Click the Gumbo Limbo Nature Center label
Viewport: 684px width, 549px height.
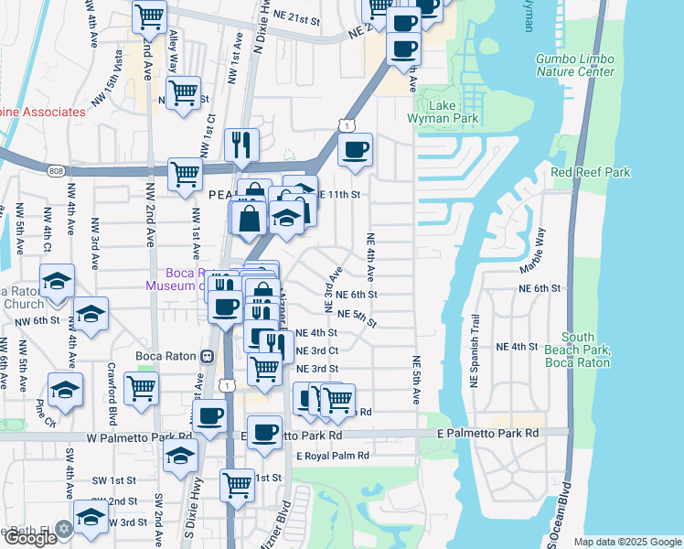click(x=574, y=65)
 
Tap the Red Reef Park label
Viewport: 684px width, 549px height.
click(x=591, y=172)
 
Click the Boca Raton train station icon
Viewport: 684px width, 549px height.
click(x=208, y=357)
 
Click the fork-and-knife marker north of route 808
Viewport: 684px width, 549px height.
click(x=241, y=145)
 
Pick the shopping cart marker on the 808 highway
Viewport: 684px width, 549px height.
click(x=185, y=174)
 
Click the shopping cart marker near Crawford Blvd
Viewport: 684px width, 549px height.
click(x=142, y=387)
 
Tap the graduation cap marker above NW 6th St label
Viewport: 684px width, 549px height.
click(x=90, y=316)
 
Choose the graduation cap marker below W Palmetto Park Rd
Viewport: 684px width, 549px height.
click(x=181, y=456)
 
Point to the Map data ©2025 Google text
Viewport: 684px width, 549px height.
click(x=627, y=542)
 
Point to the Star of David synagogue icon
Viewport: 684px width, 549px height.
click(x=64, y=529)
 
